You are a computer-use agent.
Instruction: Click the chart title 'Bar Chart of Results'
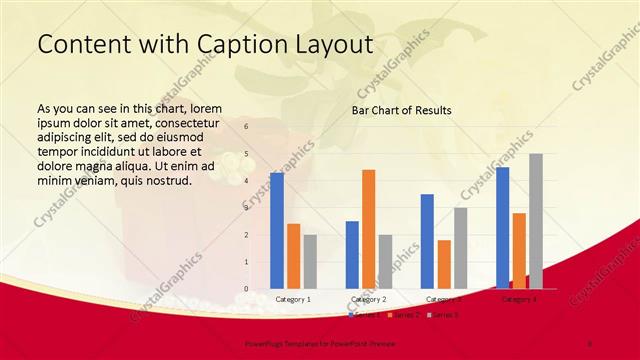pyautogui.click(x=400, y=110)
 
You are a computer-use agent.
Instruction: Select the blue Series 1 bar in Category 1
pyautogui.click(x=277, y=230)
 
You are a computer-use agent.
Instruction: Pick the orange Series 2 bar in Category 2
pyautogui.click(x=369, y=229)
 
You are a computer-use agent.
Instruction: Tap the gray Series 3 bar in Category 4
pyautogui.click(x=536, y=221)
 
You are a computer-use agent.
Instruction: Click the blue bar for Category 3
pyautogui.click(x=427, y=241)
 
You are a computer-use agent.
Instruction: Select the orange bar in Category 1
pyautogui.click(x=293, y=256)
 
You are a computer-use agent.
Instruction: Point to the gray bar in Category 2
pyautogui.click(x=385, y=261)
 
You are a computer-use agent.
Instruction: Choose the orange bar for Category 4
pyautogui.click(x=519, y=250)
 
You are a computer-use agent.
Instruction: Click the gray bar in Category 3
pyautogui.click(x=460, y=248)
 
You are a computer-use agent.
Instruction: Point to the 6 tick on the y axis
pyautogui.click(x=245, y=128)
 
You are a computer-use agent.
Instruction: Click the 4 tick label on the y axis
pyautogui.click(x=245, y=181)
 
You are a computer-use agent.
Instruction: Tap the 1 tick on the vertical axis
pyautogui.click(x=245, y=262)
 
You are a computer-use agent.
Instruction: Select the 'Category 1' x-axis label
pyautogui.click(x=293, y=299)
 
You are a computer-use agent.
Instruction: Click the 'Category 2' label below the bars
pyautogui.click(x=369, y=299)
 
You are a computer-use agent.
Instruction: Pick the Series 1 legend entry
pyautogui.click(x=362, y=315)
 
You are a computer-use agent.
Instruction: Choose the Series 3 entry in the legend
pyautogui.click(x=442, y=315)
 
